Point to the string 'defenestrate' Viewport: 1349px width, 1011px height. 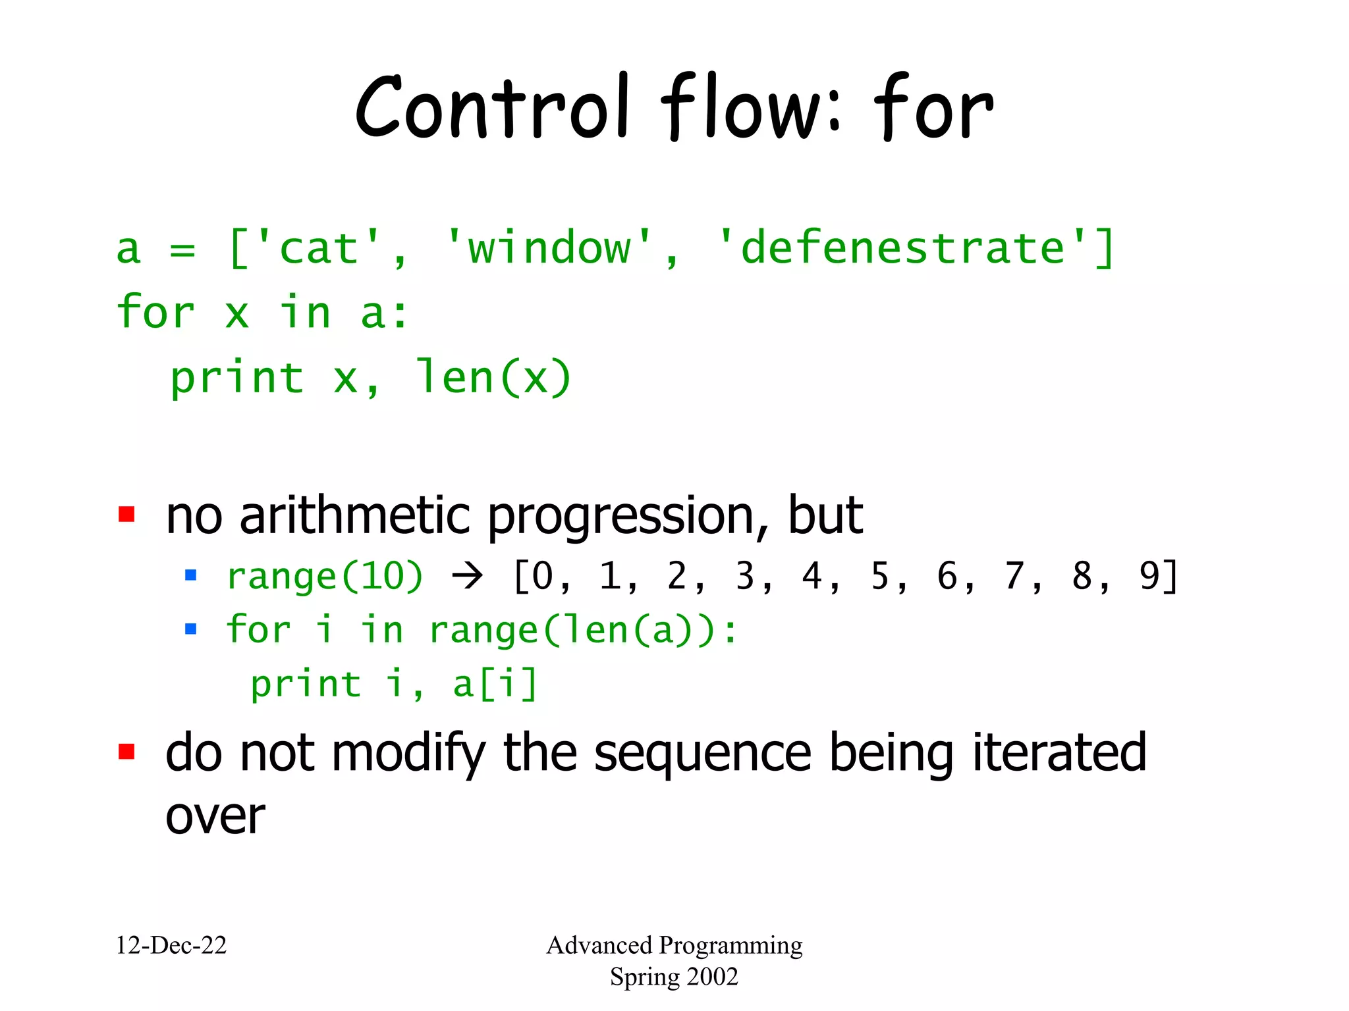[902, 249]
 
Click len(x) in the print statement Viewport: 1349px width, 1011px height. [493, 378]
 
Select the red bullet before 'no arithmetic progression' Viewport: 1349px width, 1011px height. [126, 514]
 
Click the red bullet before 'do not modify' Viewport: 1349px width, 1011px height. [126, 751]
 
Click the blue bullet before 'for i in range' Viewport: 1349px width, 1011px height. [191, 629]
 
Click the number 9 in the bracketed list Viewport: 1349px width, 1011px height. [1149, 577]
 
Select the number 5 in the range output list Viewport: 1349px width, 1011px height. [879, 577]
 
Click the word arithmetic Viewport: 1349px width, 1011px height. [355, 515]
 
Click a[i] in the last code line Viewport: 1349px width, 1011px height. [495, 684]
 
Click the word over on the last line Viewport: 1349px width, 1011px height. [215, 817]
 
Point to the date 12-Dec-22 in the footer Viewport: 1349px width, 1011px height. [171, 945]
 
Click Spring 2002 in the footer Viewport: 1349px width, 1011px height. [674, 976]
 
